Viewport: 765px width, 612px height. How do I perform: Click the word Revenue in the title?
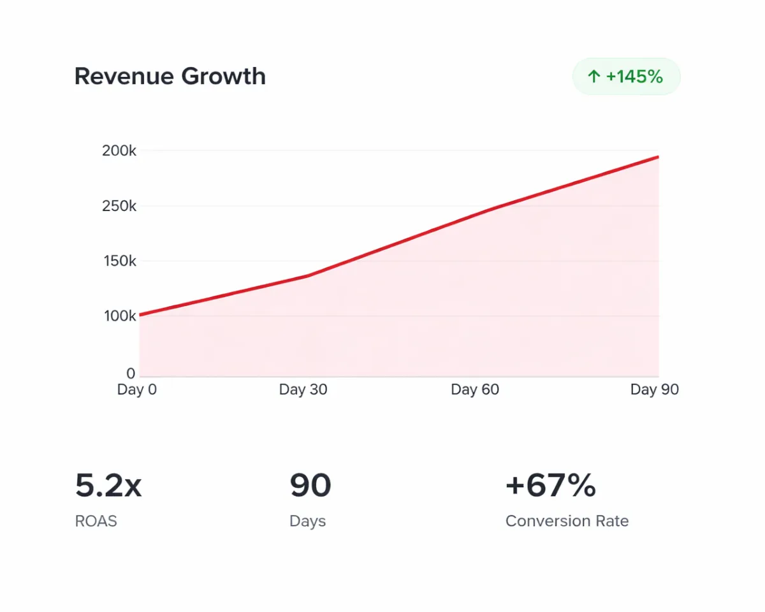pos(124,76)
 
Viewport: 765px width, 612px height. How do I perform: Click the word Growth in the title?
pos(223,76)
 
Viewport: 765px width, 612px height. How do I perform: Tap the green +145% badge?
pos(626,77)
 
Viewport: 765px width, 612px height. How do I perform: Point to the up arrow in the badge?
pos(594,77)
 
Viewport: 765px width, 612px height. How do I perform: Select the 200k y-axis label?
pos(119,151)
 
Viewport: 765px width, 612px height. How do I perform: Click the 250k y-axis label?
pos(119,206)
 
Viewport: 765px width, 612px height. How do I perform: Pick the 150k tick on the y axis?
pos(119,261)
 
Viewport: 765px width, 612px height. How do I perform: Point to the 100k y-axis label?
pos(119,316)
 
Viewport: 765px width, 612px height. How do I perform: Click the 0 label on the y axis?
pos(131,373)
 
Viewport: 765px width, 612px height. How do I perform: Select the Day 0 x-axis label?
pos(136,390)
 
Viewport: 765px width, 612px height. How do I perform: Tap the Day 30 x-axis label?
pos(303,390)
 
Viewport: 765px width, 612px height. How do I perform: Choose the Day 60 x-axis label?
pos(475,390)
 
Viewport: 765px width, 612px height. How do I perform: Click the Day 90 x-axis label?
pos(655,390)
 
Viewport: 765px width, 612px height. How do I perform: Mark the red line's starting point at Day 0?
pos(140,314)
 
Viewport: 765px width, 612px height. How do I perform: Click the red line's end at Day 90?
pos(658,157)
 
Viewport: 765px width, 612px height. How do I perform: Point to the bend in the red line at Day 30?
pos(307,276)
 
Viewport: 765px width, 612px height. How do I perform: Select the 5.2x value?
pos(108,486)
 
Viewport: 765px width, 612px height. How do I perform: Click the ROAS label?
pos(96,521)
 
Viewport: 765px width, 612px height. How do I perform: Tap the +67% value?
pos(550,486)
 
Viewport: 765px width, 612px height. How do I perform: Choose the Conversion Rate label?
pos(567,521)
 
